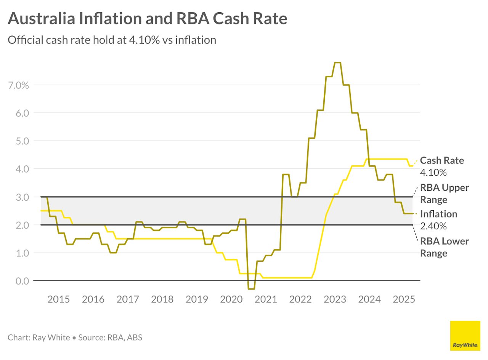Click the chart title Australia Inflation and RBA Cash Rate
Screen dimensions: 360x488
pyautogui.click(x=147, y=18)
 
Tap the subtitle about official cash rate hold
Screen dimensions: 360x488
pyautogui.click(x=112, y=40)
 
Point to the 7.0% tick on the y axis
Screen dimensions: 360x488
pyautogui.click(x=18, y=85)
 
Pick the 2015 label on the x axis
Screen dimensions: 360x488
pyautogui.click(x=59, y=299)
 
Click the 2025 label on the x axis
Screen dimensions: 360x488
pyautogui.click(x=404, y=299)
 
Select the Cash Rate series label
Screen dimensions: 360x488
pyautogui.click(x=442, y=160)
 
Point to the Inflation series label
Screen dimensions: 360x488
pyautogui.click(x=438, y=214)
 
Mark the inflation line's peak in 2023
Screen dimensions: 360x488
pyautogui.click(x=337, y=62)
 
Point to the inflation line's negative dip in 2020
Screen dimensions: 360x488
pyautogui.click(x=251, y=289)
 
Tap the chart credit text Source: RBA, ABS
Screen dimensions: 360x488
pyautogui.click(x=110, y=338)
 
